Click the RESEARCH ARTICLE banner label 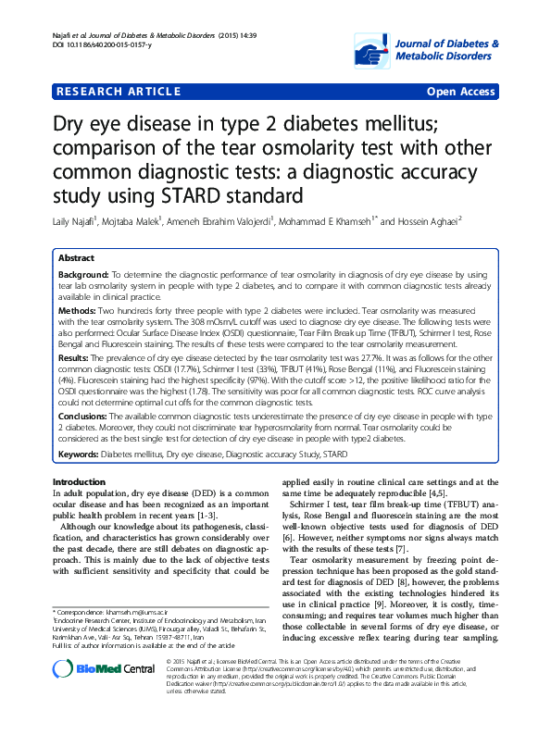click(118, 92)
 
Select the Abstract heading click(75, 258)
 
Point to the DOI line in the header click(96, 45)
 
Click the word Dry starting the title click(75, 124)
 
